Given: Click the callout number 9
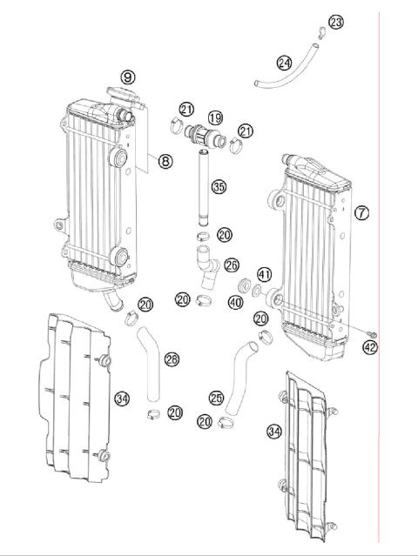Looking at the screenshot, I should point(128,77).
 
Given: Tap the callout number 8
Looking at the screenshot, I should point(164,160).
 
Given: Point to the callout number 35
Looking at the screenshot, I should point(219,186).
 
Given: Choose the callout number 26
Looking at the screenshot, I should point(231,264).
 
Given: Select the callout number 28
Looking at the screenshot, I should point(172,358).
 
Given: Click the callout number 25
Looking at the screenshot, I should point(217,397).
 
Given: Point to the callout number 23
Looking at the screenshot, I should point(336,22).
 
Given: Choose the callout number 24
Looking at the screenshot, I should point(284,63).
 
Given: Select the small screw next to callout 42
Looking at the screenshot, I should point(371,334).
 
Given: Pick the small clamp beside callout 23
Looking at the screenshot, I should point(320,34).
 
